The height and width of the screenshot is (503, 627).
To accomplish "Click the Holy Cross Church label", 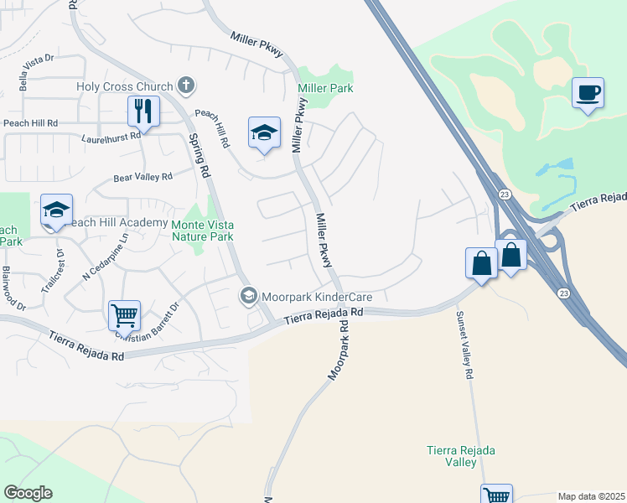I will pos(125,86).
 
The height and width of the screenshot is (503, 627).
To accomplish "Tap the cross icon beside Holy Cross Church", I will pos(185,86).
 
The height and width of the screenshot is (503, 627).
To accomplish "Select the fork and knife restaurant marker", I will pos(142,111).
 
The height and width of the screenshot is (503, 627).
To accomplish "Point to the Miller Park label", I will pos(324,88).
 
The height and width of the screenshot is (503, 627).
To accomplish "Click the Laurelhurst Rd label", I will pos(111,137).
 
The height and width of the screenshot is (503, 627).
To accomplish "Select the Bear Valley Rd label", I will pos(142,177).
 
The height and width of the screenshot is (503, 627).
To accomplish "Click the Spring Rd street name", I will pos(199,156).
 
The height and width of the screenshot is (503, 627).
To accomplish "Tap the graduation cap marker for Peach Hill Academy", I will pos(56,210).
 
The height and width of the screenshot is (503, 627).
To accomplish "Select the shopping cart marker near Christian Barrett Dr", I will pos(124,316).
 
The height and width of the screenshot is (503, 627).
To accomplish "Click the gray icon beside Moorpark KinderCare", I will pos(248,296).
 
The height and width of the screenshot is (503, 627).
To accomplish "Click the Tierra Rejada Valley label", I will pos(460,456).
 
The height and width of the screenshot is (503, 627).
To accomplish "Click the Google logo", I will pos(28,493).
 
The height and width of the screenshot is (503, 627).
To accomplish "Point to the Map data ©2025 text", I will pos(591,496).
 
